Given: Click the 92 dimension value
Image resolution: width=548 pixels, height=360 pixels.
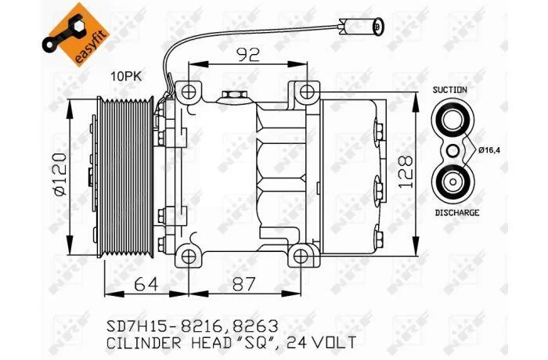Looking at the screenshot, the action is coord(248,55).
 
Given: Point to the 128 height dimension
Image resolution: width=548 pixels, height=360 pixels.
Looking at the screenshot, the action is coord(406,172).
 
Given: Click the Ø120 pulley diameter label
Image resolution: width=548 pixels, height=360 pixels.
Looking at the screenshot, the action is coord(60,174).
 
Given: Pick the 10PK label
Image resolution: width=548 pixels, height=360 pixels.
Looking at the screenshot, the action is coord(127,76).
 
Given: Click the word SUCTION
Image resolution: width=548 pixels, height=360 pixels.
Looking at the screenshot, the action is coord(450,90).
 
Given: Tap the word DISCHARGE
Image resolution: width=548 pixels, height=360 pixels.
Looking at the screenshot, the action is coord(457,213).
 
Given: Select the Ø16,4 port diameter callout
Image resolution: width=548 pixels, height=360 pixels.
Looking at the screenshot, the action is coord(489,150).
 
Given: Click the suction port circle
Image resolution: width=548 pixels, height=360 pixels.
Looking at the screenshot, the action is coord(452,119).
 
